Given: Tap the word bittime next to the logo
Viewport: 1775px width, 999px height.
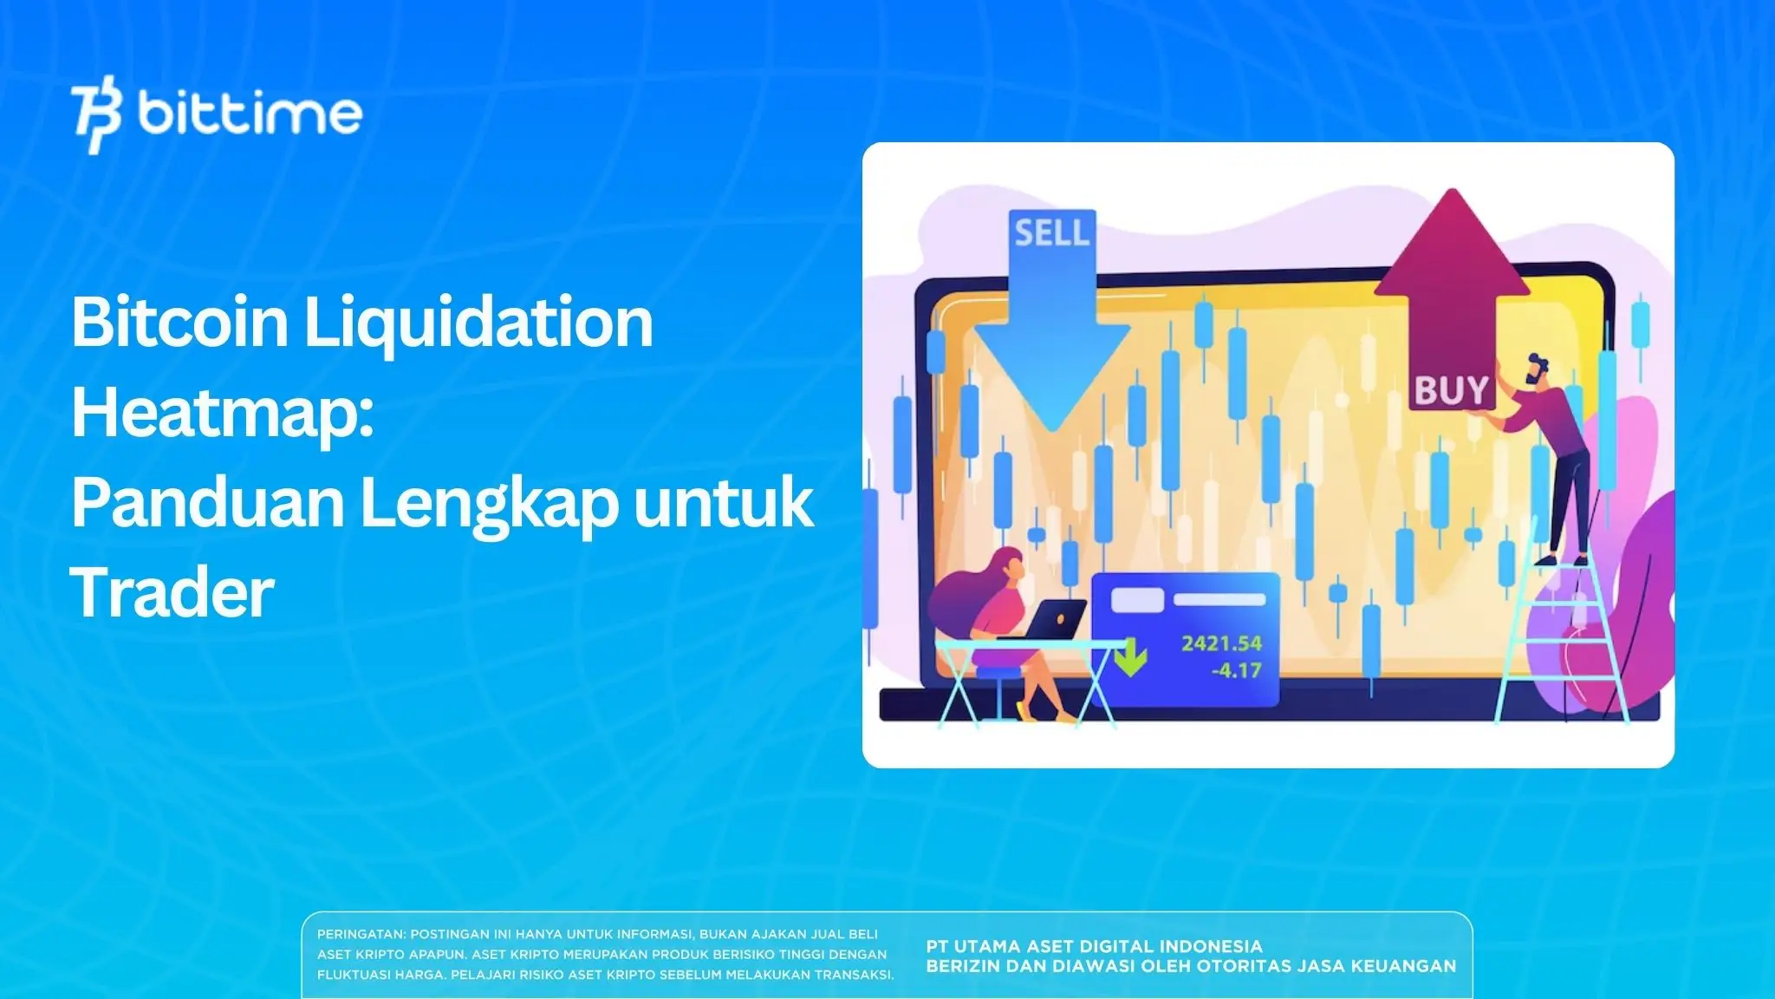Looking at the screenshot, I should pyautogui.click(x=250, y=114).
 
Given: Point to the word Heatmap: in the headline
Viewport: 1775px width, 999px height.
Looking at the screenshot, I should pyautogui.click(x=223, y=414).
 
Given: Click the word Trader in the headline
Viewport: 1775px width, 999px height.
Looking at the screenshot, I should pyautogui.click(x=172, y=593).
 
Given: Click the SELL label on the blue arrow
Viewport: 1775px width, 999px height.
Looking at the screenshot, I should pyautogui.click(x=1051, y=232).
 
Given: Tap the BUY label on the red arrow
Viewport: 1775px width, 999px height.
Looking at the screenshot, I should pyautogui.click(x=1451, y=390).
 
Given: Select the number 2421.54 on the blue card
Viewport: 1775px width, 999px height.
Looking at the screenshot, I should pyautogui.click(x=1221, y=643).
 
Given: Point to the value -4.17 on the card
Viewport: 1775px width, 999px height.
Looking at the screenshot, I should pyautogui.click(x=1236, y=670).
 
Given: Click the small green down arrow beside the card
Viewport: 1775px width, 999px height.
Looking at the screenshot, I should pyautogui.click(x=1130, y=660).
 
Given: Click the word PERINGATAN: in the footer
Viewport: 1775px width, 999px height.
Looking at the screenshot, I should pyautogui.click(x=361, y=935).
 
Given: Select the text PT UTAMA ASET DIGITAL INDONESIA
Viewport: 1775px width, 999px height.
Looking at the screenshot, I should pyautogui.click(x=1094, y=946).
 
